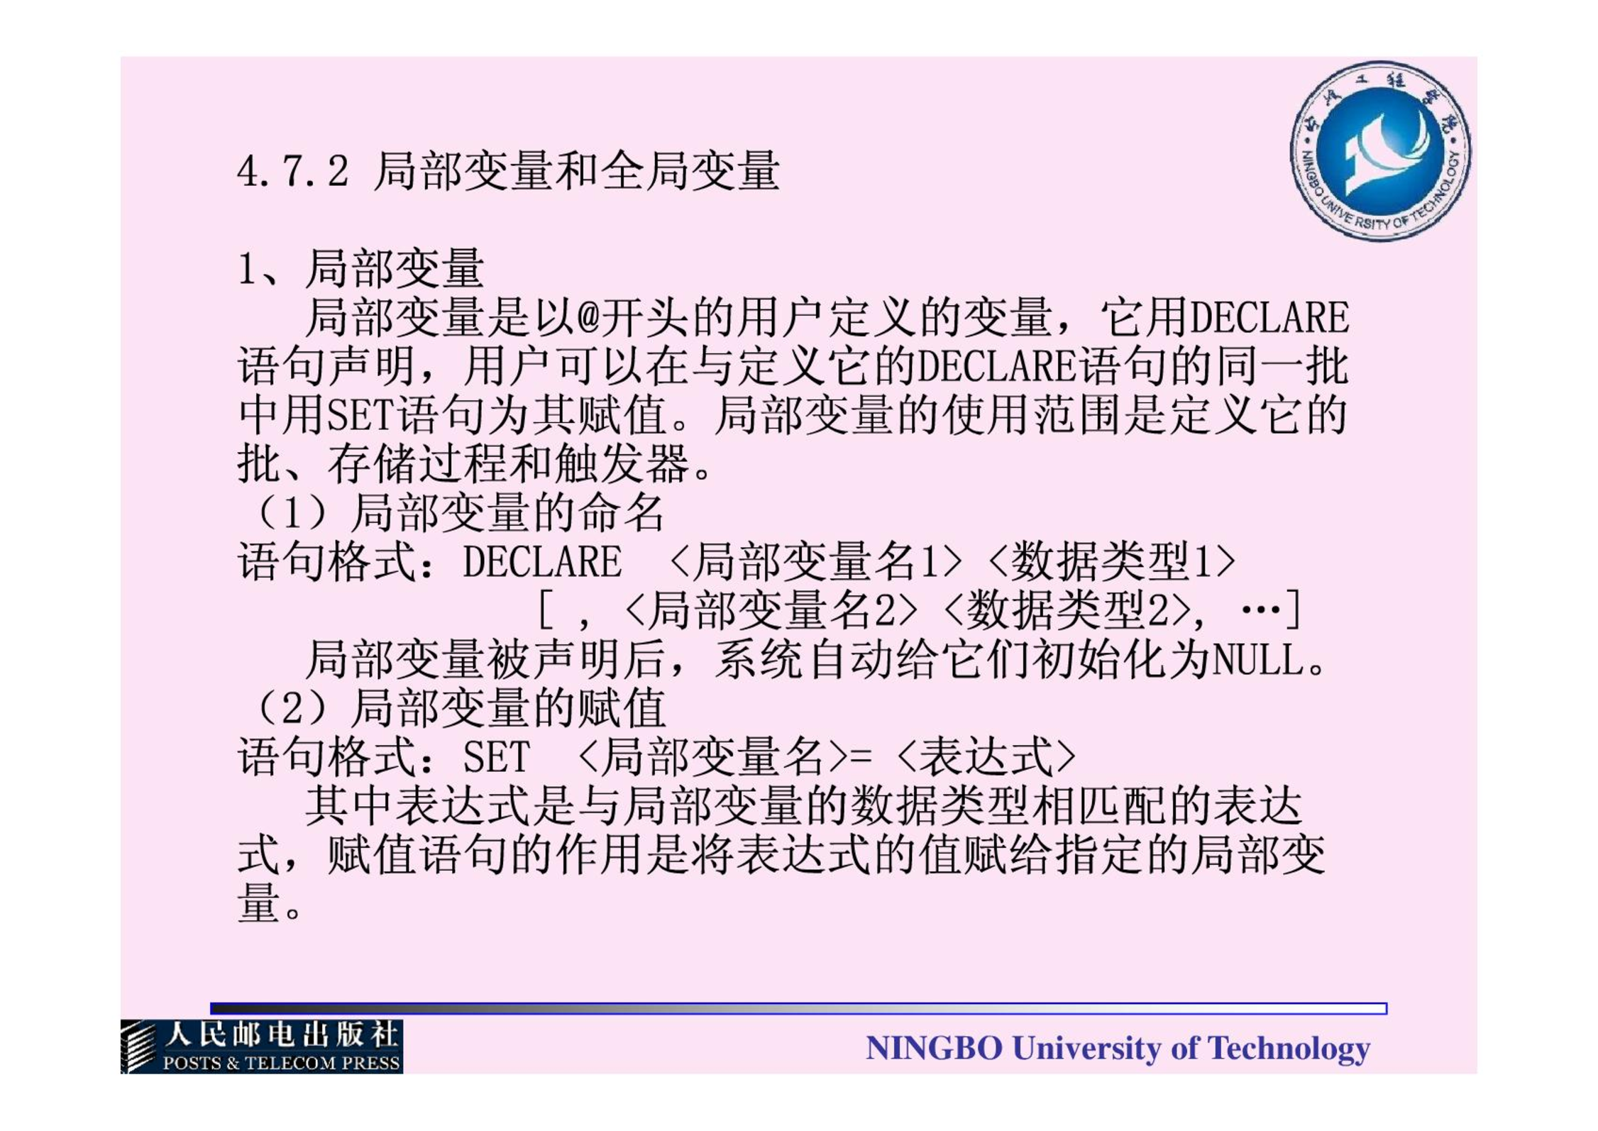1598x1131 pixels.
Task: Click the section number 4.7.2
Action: click(x=293, y=172)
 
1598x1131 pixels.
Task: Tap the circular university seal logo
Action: click(x=1380, y=151)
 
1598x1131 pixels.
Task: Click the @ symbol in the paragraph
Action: click(x=588, y=317)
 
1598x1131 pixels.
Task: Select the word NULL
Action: click(x=1259, y=660)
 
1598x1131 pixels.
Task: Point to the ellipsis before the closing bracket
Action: click(x=1261, y=609)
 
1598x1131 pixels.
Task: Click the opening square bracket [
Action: click(x=546, y=610)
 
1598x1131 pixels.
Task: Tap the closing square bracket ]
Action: click(x=1293, y=610)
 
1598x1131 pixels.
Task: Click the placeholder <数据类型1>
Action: click(x=1111, y=561)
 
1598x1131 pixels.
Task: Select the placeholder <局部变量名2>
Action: click(x=772, y=610)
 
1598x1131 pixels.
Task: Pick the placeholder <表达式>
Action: click(x=986, y=757)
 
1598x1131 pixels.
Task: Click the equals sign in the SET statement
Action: click(x=860, y=757)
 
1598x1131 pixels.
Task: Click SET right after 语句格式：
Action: click(x=497, y=757)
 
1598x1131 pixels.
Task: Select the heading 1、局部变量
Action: click(x=360, y=269)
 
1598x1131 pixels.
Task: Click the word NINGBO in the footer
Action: click(x=934, y=1048)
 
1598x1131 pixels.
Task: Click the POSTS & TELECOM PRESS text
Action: click(x=282, y=1063)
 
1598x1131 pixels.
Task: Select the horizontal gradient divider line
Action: click(x=798, y=1008)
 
